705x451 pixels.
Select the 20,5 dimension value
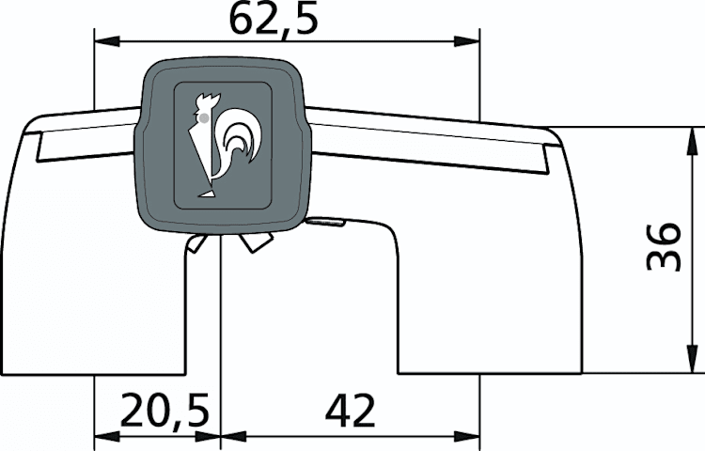(165, 410)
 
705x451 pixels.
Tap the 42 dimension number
(351, 411)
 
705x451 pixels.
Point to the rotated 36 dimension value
(664, 246)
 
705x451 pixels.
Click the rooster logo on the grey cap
(224, 145)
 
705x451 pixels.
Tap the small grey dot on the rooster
(204, 118)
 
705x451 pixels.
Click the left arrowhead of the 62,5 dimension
(107, 41)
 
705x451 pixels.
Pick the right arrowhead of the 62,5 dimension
(466, 41)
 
